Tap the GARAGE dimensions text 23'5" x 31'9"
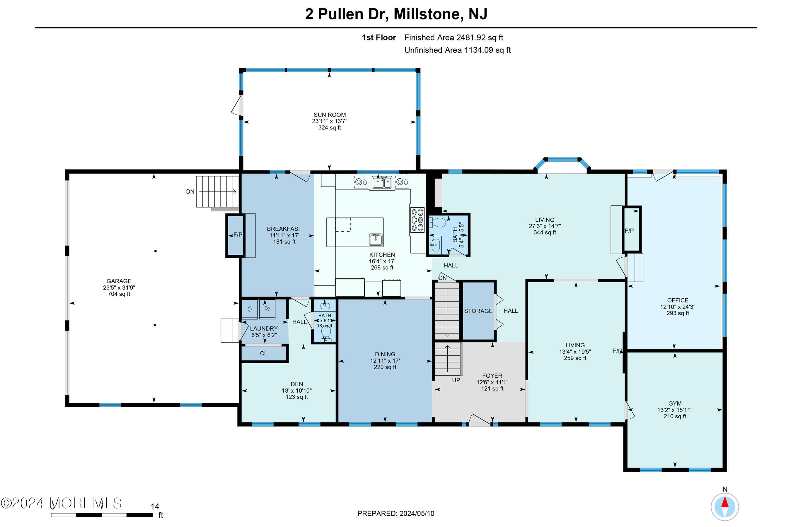119,288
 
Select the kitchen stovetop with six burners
417,220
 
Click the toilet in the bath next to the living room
437,223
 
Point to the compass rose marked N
724,507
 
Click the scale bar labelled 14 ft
102,515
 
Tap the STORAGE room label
478,311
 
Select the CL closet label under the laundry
263,354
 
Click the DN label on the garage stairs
190,191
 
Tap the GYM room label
675,404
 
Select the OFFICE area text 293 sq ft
677,313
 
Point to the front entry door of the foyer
479,421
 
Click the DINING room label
385,354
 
